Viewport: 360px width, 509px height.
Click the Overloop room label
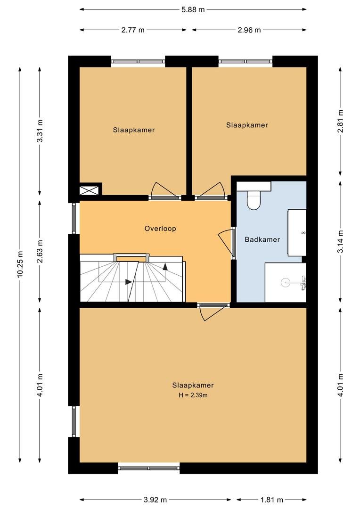(160, 229)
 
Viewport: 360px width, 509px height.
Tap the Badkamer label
(262, 239)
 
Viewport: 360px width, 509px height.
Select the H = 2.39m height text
(193, 395)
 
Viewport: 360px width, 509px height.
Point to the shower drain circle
(286, 282)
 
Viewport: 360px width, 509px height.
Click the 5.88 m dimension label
(193, 9)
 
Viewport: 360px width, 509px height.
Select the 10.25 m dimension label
(20, 264)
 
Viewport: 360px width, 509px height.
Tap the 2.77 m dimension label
(133, 30)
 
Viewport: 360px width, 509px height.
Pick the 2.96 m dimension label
(249, 30)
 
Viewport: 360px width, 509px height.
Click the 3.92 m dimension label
(155, 500)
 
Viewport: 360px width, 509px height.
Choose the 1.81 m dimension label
(271, 500)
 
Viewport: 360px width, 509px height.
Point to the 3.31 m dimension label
(40, 131)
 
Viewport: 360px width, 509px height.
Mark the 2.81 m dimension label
(340, 121)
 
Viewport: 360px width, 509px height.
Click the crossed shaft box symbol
(89, 190)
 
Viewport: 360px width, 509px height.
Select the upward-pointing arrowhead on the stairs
(165, 266)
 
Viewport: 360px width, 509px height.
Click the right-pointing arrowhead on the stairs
(129, 282)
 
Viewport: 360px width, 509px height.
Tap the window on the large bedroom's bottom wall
(149, 468)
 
